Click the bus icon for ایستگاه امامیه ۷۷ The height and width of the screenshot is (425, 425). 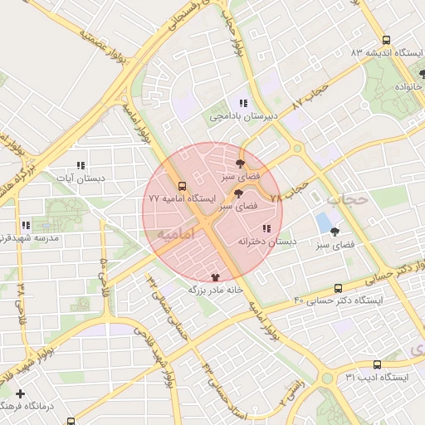coord(182,186)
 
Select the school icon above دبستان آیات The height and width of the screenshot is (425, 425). coord(81,165)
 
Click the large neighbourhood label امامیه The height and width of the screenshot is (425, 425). coord(175,236)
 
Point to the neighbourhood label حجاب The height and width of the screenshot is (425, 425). coord(346,200)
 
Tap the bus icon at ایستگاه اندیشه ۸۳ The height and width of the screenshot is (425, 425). coord(385,39)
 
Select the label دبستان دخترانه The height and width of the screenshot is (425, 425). coord(266,242)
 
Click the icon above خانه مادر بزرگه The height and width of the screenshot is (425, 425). coord(217,277)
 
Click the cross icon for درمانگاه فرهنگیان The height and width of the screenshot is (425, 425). coord(21,393)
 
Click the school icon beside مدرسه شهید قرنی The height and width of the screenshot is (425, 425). coord(27,224)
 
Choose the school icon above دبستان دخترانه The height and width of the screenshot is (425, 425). coord(266,228)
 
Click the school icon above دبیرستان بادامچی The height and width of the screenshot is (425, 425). coord(242,103)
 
